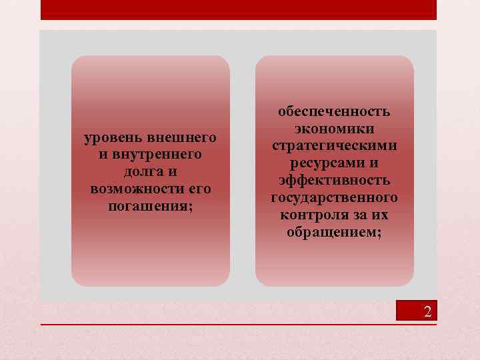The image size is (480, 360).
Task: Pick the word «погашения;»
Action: click(150, 207)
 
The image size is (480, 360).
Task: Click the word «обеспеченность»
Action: click(334, 111)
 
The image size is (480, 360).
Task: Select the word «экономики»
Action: click(334, 129)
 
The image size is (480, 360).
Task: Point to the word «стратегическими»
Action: click(334, 146)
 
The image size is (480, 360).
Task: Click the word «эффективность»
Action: click(334, 181)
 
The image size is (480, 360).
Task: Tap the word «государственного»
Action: click(334, 198)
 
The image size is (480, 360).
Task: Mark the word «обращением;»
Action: click(334, 233)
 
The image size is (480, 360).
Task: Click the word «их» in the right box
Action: click(381, 215)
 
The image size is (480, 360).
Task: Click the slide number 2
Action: click(427, 311)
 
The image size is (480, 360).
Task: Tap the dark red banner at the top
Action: click(239, 9)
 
